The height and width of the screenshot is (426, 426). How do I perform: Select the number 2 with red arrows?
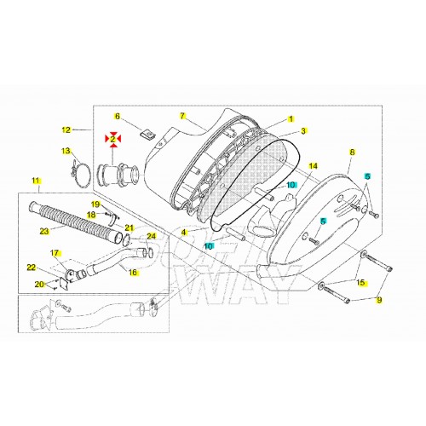[112, 137]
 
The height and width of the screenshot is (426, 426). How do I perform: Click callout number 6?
[118, 117]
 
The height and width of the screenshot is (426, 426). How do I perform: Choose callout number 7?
[182, 115]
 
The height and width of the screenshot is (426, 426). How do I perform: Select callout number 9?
[380, 300]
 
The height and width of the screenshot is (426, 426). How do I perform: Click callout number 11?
[35, 181]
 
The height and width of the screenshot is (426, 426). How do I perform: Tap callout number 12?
[66, 130]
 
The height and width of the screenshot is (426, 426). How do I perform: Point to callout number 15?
[360, 283]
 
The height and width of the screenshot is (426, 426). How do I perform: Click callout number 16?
[132, 273]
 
